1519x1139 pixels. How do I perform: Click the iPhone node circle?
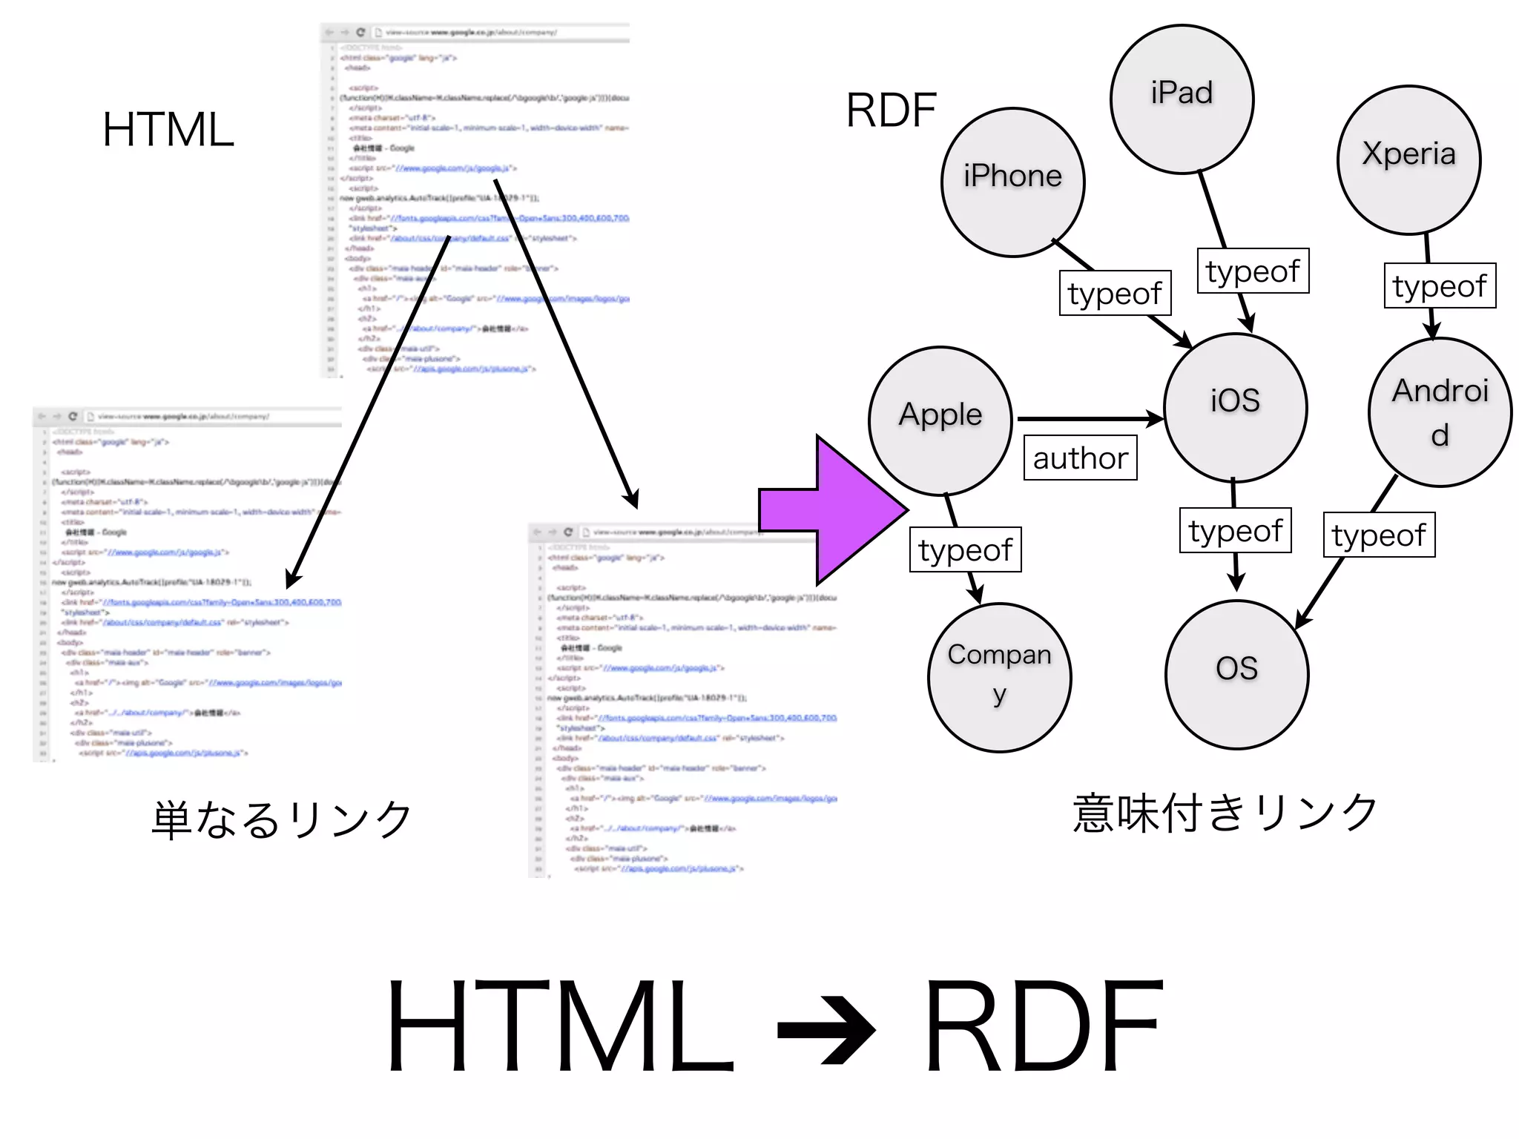point(1012,182)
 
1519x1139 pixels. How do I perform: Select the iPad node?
point(1182,99)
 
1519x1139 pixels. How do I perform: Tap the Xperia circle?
point(1408,159)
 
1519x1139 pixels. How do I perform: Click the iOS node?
point(1235,407)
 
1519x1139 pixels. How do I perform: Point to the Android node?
point(1440,412)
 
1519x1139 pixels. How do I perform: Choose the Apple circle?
point(940,420)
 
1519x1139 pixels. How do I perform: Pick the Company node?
point(999,677)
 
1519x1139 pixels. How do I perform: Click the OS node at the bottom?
point(1236,674)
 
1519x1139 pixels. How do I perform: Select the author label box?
point(1080,458)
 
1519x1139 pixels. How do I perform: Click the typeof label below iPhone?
point(1115,293)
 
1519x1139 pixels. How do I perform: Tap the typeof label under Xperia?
point(1440,285)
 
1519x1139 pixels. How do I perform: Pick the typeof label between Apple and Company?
point(965,549)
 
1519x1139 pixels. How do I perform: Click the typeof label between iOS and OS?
point(1235,530)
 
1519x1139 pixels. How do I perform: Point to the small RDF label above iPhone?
point(891,110)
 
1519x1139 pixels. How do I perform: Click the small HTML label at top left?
point(168,130)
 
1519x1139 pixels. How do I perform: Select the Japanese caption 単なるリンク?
point(281,819)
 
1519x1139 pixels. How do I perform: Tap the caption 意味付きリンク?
point(1225,813)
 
